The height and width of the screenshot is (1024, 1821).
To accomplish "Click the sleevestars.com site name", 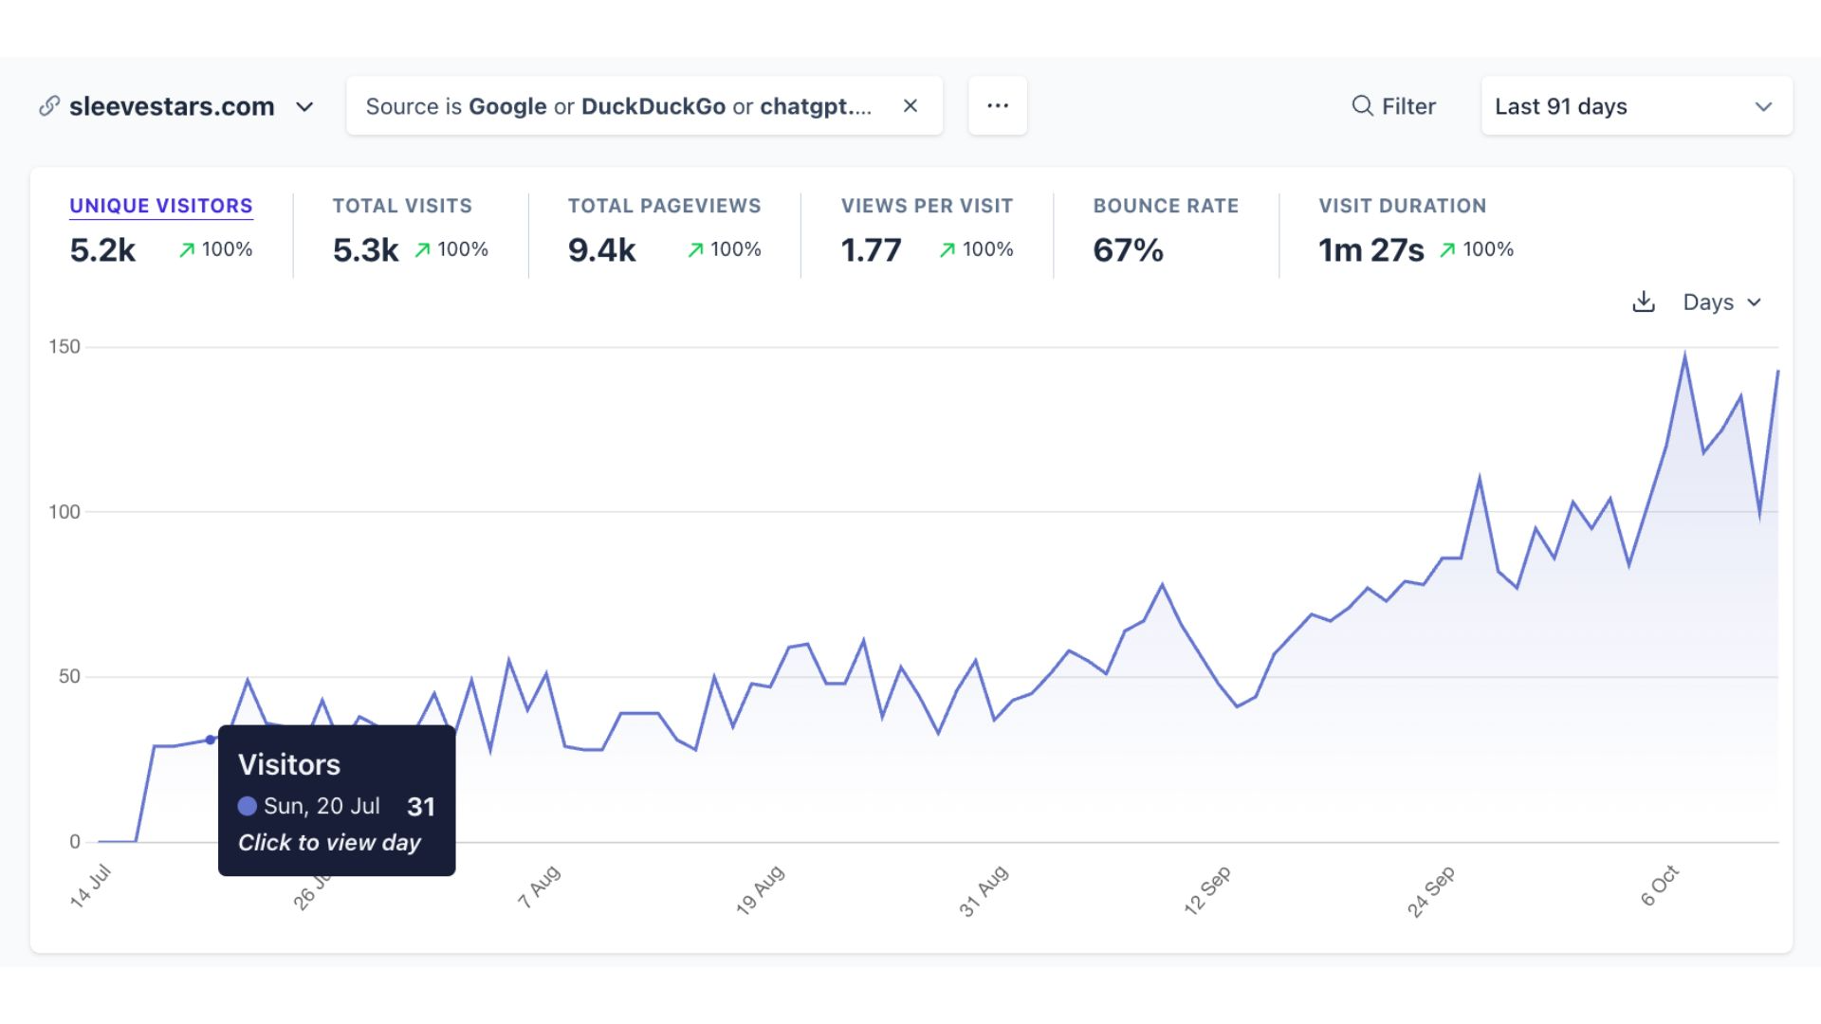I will point(172,106).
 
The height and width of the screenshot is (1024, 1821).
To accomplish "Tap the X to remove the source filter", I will point(910,106).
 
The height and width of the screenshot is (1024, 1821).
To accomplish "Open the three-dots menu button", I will point(998,106).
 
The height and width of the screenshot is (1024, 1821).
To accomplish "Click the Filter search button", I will point(1393,106).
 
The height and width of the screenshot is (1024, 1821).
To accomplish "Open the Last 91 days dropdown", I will point(1636,106).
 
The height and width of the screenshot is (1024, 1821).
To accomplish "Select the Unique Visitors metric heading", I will point(161,206).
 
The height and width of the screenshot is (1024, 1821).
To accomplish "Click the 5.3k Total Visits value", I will point(365,250).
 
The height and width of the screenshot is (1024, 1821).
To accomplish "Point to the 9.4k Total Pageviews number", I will point(601,250).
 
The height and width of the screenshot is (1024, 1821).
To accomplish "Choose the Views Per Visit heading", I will point(927,206).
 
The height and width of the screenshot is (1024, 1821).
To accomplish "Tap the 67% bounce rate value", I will point(1128,250).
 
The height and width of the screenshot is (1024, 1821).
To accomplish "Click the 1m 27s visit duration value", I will point(1370,250).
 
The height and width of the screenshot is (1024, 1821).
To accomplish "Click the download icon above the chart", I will point(1644,302).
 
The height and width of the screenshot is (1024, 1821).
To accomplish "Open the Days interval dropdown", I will point(1721,302).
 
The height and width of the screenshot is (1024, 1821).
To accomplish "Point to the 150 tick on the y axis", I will point(64,347).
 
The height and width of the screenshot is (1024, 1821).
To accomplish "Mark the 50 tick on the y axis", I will point(69,677).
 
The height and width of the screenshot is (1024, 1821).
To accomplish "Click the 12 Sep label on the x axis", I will point(1207,890).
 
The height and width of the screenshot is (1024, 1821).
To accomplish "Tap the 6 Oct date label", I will point(1660,887).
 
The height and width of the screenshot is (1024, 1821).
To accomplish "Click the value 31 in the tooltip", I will point(421,807).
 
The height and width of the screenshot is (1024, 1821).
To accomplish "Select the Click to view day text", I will point(329,843).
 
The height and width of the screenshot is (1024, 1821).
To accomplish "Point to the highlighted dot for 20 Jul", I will point(211,740).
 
